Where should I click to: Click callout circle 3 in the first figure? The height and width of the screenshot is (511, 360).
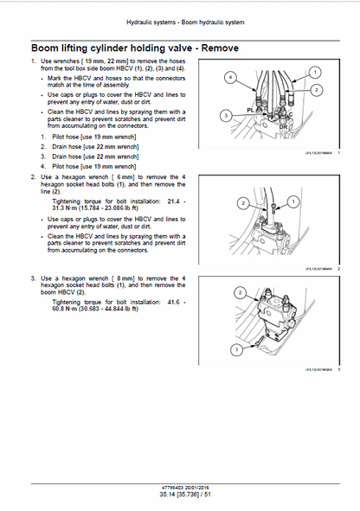225,115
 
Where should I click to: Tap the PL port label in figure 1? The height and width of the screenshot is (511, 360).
249,110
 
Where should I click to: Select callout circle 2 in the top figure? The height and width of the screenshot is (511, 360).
316,90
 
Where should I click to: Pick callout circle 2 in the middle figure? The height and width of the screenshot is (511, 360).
242,203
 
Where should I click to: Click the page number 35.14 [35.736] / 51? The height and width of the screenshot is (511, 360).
180,493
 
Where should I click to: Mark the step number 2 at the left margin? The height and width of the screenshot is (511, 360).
33,176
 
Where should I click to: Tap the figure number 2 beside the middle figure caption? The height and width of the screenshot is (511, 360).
339,269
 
